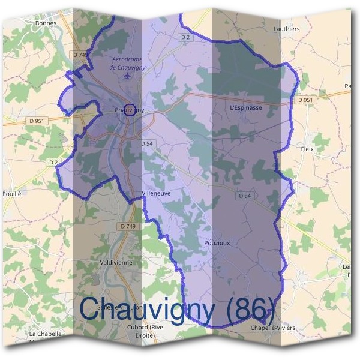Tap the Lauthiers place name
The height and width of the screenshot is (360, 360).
(x=286, y=28)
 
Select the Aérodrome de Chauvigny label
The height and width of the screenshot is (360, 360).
(x=128, y=63)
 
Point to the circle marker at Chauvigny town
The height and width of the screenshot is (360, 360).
(x=133, y=110)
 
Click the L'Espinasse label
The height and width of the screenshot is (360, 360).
(x=246, y=108)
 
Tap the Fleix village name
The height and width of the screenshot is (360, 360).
(x=307, y=148)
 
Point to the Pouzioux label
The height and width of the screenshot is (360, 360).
(x=217, y=242)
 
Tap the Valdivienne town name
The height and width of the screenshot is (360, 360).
(x=117, y=263)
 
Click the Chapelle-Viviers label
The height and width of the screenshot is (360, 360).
(x=272, y=328)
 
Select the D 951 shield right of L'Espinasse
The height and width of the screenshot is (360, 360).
(x=305, y=100)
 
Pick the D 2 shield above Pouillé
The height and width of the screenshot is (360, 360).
(x=53, y=162)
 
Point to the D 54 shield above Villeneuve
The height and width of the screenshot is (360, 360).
(x=148, y=143)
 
